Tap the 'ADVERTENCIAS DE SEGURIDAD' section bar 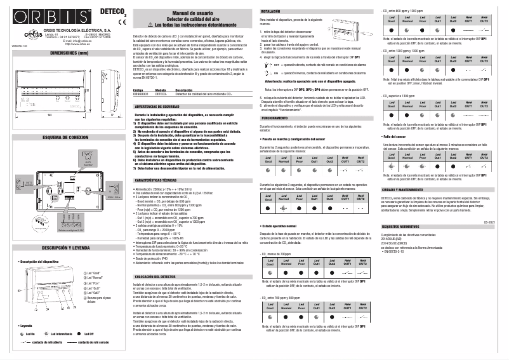pos(157,107)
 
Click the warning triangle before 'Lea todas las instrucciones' pos(149,24)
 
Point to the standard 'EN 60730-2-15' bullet pos(399,251)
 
